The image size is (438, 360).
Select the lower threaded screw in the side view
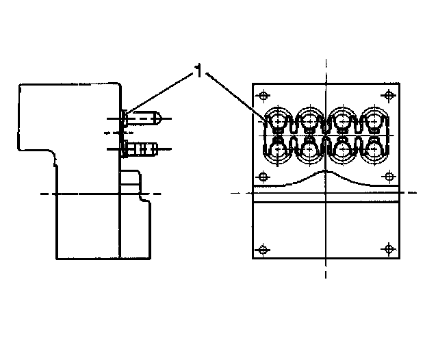coord(144,147)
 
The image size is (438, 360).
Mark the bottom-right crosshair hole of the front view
coord(389,247)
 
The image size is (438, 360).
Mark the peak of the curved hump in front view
coord(326,173)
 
